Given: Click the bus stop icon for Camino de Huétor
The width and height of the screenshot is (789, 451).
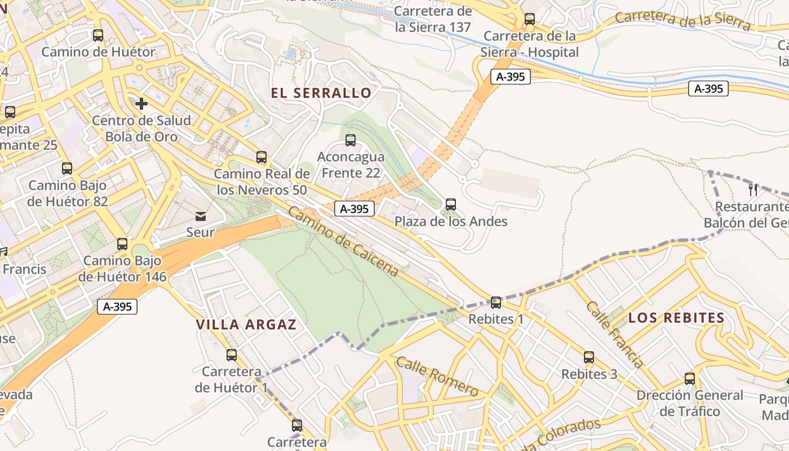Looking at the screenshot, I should (98, 36).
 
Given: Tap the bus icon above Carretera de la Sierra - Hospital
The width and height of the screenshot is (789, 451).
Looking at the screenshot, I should (529, 19).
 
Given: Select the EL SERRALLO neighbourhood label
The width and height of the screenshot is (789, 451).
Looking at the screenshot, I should (321, 93).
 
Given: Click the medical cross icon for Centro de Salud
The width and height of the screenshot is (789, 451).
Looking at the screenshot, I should (141, 104).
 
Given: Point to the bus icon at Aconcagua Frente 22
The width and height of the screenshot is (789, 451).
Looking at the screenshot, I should (351, 140).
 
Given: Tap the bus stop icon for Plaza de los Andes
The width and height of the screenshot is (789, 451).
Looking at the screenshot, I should (450, 205).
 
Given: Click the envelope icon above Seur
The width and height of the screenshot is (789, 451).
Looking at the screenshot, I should (201, 216).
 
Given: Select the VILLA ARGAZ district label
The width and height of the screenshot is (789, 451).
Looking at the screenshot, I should (246, 325).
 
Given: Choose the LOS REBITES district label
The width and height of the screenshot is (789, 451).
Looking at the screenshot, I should (676, 318).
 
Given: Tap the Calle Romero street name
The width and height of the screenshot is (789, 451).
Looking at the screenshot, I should (437, 377).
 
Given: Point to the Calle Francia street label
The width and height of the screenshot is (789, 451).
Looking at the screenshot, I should (614, 334).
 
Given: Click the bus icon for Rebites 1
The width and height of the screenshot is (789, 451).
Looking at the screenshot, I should (496, 303).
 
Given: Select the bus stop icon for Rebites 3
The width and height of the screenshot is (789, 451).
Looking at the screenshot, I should (589, 357).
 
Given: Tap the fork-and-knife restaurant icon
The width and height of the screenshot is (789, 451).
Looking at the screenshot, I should (752, 189).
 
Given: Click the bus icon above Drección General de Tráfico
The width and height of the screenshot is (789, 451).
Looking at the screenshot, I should (690, 378).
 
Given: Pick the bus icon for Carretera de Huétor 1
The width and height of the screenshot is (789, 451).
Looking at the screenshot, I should (232, 355).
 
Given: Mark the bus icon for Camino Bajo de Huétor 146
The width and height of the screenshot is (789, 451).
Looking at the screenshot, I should (122, 244).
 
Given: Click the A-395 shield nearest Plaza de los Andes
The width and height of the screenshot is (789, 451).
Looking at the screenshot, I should (354, 209).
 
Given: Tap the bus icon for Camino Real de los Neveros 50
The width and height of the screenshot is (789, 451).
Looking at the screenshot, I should (261, 157).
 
